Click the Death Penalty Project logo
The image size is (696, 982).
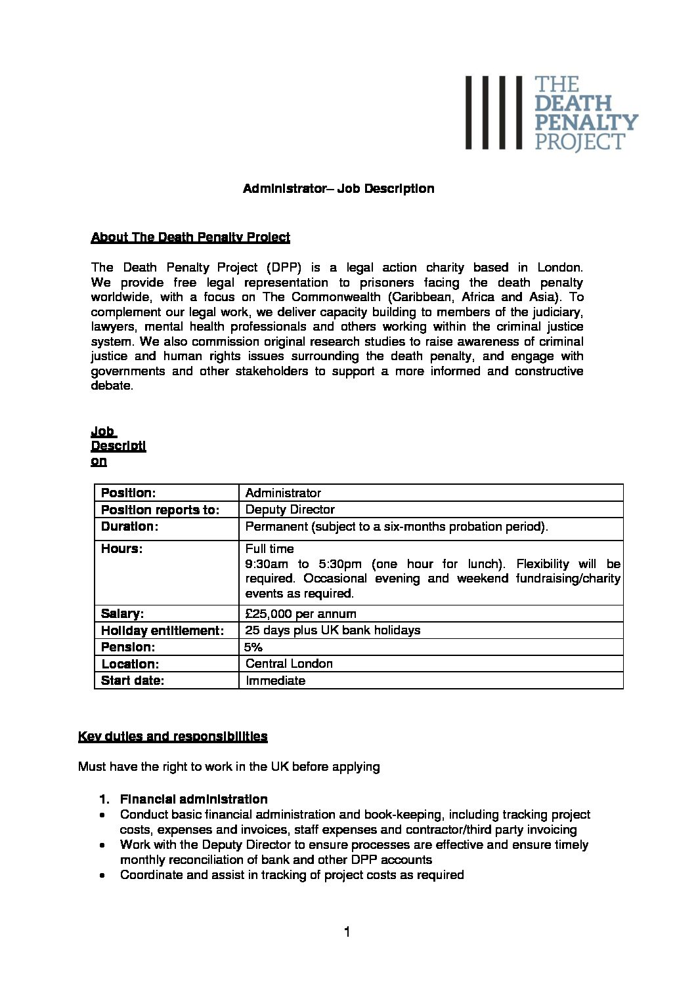[552, 113]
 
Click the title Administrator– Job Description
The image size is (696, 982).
[338, 189]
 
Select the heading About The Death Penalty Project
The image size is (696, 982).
[190, 237]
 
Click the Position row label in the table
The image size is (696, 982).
[128, 493]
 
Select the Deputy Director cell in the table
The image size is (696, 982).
[290, 510]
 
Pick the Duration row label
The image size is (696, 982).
[130, 527]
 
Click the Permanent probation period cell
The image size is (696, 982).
[397, 527]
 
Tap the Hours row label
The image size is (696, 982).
[121, 548]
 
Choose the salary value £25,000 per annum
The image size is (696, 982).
[301, 614]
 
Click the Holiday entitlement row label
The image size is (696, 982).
[162, 630]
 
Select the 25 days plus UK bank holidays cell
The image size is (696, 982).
[332, 630]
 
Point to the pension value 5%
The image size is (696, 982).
[253, 647]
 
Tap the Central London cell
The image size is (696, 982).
[289, 664]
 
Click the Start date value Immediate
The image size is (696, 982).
[275, 681]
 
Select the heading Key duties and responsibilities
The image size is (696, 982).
[173, 737]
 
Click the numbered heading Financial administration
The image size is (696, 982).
[194, 800]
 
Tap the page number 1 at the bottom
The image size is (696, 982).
[347, 932]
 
